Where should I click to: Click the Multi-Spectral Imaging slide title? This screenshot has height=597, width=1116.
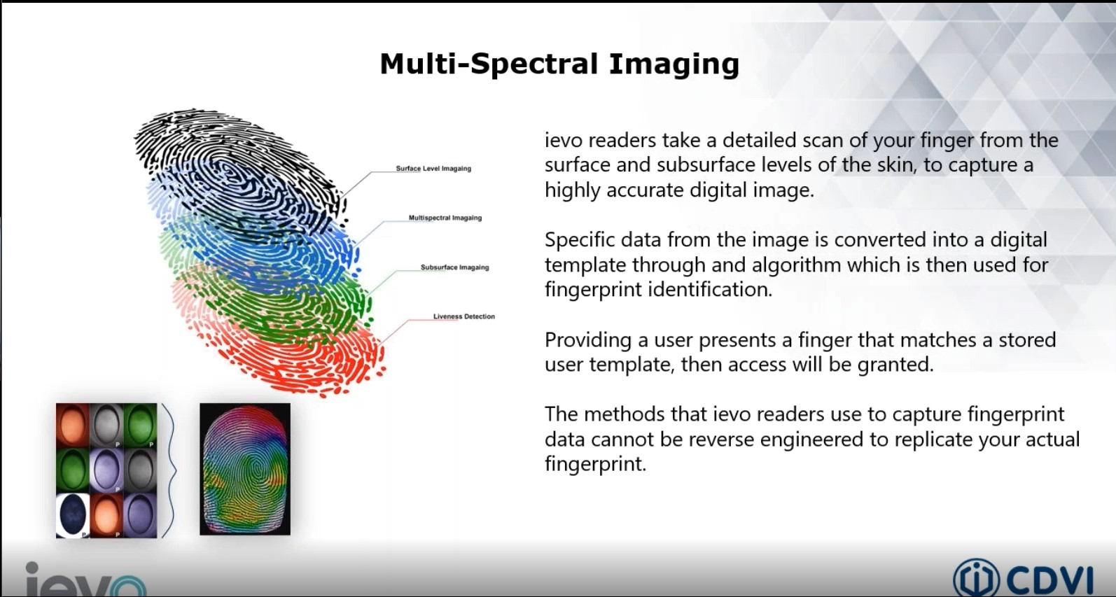[x=559, y=64]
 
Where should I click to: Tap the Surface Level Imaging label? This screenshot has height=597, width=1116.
[x=433, y=169]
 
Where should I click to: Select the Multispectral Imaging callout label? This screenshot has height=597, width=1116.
[x=445, y=218]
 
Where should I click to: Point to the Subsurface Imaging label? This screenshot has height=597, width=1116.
[x=454, y=267]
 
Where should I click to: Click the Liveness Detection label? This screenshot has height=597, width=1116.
[x=463, y=316]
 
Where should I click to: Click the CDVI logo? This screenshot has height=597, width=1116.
[x=1023, y=578]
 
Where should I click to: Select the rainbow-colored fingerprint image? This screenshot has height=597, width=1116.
[x=245, y=469]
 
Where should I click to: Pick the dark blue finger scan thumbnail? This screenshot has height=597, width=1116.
[x=72, y=515]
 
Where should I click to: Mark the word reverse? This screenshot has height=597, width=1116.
[x=722, y=440]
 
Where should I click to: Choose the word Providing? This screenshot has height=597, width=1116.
[x=588, y=340]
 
